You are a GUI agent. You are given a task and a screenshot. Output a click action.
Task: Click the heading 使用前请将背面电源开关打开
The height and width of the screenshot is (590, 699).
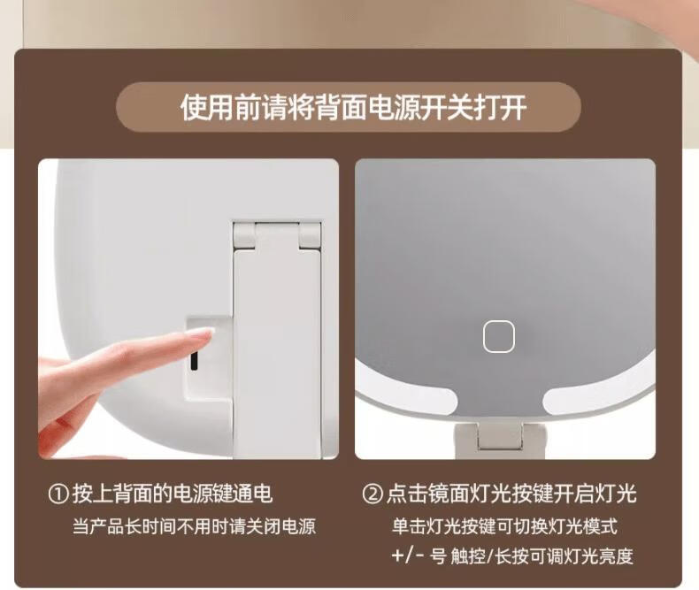pyautogui.click(x=354, y=107)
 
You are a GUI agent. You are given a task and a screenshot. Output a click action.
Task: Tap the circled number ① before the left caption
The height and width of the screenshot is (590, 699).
pyautogui.click(x=58, y=494)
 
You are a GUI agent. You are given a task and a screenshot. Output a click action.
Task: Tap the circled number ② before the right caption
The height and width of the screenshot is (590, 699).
pyautogui.click(x=373, y=494)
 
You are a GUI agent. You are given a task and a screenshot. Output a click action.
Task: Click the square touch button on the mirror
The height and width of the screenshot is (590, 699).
pyautogui.click(x=499, y=336)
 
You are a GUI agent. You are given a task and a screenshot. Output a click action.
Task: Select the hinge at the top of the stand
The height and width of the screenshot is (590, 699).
pyautogui.click(x=277, y=234)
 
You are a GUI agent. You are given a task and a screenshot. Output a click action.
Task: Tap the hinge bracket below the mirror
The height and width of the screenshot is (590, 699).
pyautogui.click(x=499, y=439)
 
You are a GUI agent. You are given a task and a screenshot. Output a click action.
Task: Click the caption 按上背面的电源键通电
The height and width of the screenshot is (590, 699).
pyautogui.click(x=173, y=494)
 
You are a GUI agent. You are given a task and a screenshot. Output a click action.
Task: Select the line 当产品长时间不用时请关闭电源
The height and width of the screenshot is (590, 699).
pyautogui.click(x=195, y=526)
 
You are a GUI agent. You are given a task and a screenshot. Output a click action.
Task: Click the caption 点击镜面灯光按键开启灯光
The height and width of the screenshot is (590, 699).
pyautogui.click(x=511, y=494)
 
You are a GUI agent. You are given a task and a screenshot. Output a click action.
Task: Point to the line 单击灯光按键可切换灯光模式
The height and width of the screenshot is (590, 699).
pyautogui.click(x=504, y=526)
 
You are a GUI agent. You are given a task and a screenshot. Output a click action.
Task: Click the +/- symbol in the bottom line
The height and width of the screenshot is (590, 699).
pyautogui.click(x=407, y=556)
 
